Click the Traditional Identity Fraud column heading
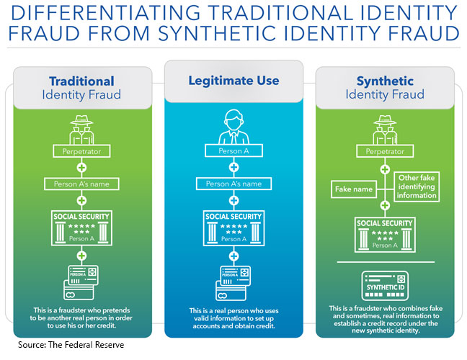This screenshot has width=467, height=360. pyautogui.click(x=81, y=88)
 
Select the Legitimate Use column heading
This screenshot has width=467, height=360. pyautogui.click(x=233, y=81)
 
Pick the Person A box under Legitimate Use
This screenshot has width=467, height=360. pyautogui.click(x=233, y=151)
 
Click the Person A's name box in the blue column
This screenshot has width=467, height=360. pyautogui.click(x=233, y=184)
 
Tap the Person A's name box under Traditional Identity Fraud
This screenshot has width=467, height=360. pyautogui.click(x=81, y=184)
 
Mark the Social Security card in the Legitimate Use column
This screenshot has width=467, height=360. pyautogui.click(x=233, y=228)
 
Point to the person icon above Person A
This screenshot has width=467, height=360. pyautogui.click(x=233, y=126)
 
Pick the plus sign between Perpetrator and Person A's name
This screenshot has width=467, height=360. pyautogui.click(x=81, y=168)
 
